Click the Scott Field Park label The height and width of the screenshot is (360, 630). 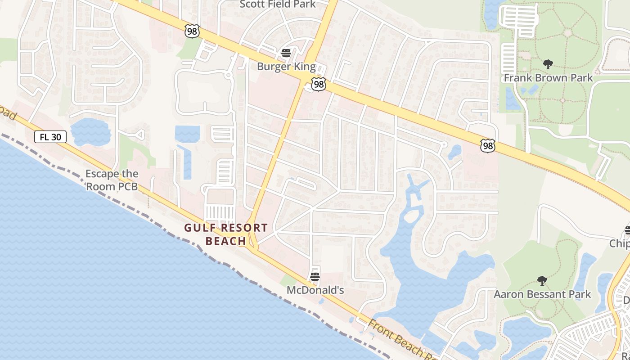[278, 4]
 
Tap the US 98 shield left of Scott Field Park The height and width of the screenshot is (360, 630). [192, 31]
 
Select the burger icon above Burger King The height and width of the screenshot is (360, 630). [286, 53]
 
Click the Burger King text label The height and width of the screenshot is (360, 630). [286, 67]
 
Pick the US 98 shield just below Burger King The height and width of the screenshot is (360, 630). [318, 84]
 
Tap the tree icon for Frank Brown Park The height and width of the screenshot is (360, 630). [548, 64]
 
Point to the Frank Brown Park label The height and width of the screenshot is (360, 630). [548, 78]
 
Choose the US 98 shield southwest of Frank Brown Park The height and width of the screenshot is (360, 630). [487, 145]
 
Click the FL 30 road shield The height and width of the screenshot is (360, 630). [50, 137]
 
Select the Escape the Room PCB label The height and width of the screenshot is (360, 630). [112, 180]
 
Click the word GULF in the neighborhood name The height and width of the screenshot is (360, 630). [200, 228]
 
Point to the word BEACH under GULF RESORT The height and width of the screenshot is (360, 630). [226, 241]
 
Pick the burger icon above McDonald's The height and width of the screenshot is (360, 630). [315, 276]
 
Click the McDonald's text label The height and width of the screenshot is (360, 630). [315, 290]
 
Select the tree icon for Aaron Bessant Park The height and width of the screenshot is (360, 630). [542, 281]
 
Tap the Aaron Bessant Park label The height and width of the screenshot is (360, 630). [542, 294]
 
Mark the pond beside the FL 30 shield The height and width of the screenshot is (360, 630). [90, 131]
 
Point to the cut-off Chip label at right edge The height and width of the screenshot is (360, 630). [620, 243]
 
